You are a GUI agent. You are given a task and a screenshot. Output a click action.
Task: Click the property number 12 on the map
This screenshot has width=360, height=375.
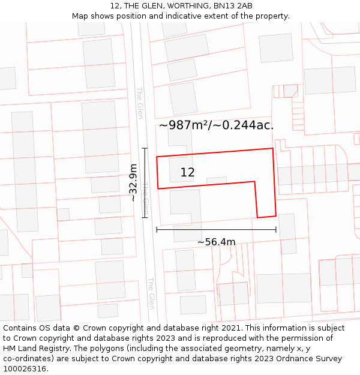tap(187, 173)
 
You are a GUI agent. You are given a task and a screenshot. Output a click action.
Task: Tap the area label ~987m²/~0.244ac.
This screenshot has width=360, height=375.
tap(216, 125)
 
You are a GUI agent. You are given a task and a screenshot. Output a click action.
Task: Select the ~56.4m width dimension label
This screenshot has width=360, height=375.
tap(216, 242)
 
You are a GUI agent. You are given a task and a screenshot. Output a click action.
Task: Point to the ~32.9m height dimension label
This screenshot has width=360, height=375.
tap(133, 182)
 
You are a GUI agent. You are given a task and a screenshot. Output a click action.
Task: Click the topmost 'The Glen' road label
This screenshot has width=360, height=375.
tap(140, 103)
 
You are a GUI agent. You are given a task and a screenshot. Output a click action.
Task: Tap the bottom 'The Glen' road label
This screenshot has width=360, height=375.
tap(151, 293)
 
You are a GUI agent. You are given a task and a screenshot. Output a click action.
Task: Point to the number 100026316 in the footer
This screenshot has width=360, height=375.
tap(25, 369)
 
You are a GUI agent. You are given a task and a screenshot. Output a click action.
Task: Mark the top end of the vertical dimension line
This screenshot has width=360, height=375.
tap(145, 148)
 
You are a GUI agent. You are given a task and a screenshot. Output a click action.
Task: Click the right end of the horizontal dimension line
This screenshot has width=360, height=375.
tap(276, 229)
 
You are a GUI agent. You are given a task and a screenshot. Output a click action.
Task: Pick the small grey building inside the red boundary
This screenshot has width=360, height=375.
tap(217, 181)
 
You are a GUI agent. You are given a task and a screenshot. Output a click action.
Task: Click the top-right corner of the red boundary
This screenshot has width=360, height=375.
tap(273, 148)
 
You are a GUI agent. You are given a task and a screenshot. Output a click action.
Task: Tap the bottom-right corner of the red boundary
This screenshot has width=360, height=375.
tap(276, 215)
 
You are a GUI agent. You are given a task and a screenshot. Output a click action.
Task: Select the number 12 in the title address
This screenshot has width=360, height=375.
tap(115, 6)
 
